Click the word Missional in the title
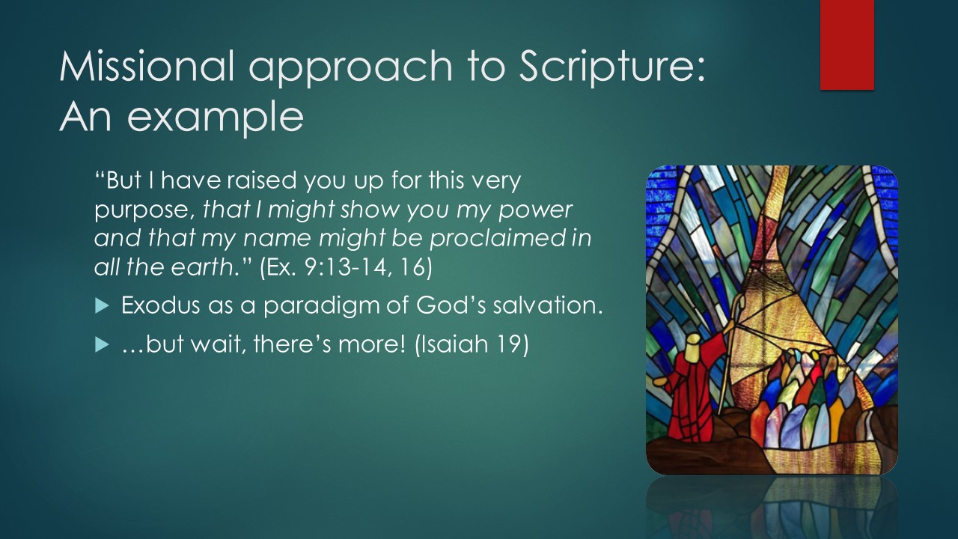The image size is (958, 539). (x=147, y=66)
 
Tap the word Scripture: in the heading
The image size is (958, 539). (x=612, y=67)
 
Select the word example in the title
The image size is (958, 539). (x=216, y=118)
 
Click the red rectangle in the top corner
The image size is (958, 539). (x=846, y=44)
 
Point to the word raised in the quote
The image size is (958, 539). (x=262, y=180)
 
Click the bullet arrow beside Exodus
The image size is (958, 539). (x=102, y=306)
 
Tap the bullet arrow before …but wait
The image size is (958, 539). (x=102, y=344)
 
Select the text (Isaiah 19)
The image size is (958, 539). (x=472, y=344)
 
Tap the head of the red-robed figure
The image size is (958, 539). (x=694, y=347)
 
